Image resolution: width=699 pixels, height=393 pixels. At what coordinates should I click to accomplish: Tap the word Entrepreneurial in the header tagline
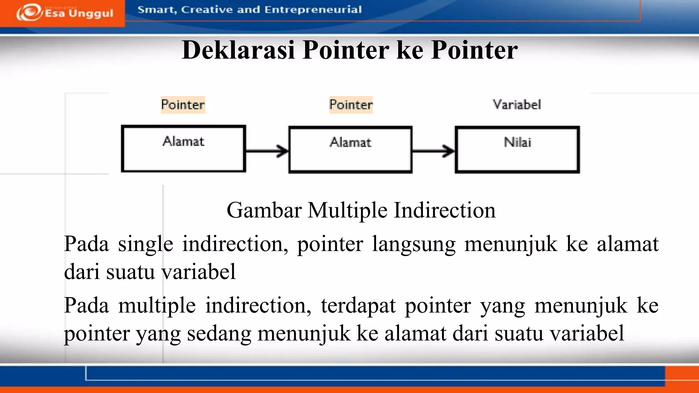point(313,10)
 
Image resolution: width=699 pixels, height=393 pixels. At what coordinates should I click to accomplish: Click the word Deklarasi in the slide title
point(238,50)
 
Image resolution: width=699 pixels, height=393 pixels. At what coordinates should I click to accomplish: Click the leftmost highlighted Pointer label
point(183,105)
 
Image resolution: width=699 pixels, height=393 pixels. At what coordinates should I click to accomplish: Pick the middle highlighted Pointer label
point(351,105)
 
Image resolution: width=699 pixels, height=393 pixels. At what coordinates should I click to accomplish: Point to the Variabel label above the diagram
point(517,104)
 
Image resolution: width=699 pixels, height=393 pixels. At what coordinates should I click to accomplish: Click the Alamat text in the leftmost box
point(184,141)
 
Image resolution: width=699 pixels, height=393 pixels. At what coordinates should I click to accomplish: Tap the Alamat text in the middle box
point(351,142)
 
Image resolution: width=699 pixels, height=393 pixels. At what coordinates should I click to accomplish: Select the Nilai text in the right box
point(517,142)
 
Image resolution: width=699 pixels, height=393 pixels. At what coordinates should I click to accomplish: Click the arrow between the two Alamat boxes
point(267,150)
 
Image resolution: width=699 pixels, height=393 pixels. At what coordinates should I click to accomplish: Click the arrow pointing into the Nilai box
point(433,150)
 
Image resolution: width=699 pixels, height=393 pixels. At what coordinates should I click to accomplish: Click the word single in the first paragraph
point(145,244)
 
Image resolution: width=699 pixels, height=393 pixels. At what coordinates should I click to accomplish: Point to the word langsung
point(414,244)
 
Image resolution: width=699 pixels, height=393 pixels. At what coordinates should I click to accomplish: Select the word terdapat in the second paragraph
point(358,305)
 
